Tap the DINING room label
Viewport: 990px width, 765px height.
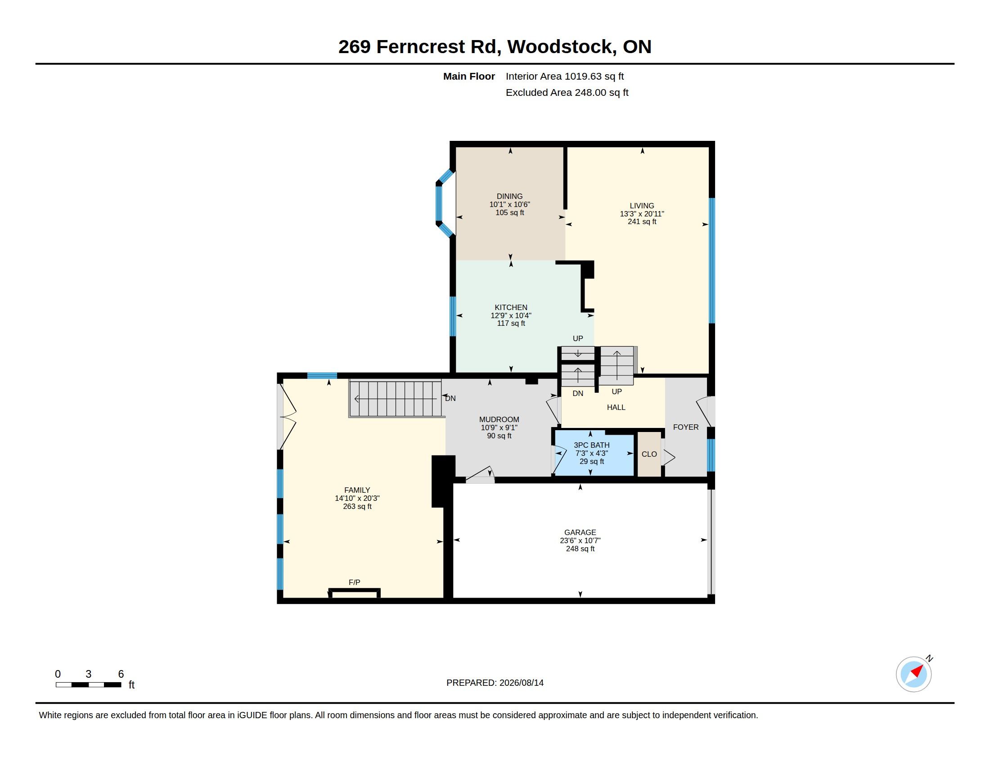(x=509, y=196)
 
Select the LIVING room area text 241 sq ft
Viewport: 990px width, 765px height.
(x=642, y=221)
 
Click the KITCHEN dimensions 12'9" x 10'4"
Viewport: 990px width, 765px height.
(x=511, y=315)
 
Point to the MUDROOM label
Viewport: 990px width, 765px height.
(x=499, y=420)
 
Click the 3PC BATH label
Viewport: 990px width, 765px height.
(x=592, y=445)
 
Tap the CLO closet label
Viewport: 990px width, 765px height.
(x=649, y=454)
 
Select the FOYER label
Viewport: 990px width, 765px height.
(x=686, y=427)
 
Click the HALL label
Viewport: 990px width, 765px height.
(x=616, y=407)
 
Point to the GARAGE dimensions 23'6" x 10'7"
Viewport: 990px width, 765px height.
(x=580, y=540)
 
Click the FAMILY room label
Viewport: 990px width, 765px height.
(x=357, y=490)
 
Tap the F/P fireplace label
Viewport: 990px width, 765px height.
(x=355, y=582)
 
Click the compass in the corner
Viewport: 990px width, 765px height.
(x=914, y=674)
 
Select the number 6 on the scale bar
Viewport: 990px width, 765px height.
(x=121, y=674)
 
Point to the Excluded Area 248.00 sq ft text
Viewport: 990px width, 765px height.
(x=567, y=92)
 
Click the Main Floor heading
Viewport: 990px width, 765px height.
(x=469, y=76)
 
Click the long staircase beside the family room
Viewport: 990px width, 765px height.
(x=395, y=398)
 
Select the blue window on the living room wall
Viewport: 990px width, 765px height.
(x=712, y=261)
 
